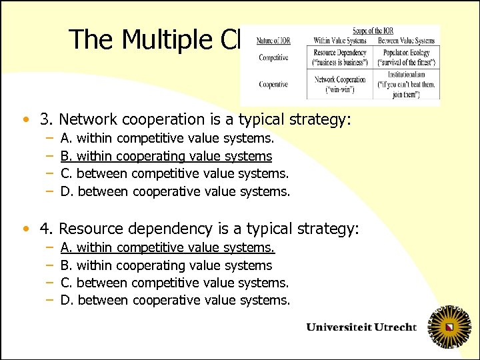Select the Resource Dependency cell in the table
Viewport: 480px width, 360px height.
[x=339, y=57]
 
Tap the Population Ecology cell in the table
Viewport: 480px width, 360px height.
[x=406, y=57]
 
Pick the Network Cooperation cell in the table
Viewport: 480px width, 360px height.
[x=339, y=84]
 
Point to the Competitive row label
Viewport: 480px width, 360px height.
[x=273, y=58]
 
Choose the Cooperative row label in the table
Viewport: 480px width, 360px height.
[x=273, y=85]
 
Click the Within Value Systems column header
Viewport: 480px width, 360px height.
[x=339, y=41]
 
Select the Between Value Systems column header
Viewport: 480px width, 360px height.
[x=406, y=41]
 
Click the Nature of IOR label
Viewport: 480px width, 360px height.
[x=273, y=41]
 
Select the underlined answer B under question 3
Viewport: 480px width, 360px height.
[x=166, y=156]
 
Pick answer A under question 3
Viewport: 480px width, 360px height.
[x=167, y=139]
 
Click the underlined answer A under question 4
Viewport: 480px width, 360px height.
[x=167, y=248]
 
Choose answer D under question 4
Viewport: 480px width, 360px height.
[x=175, y=300]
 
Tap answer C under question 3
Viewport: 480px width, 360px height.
[x=175, y=173]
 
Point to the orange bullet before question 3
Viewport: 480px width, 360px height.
[x=25, y=121]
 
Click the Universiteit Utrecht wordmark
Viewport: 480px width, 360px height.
[x=361, y=327]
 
